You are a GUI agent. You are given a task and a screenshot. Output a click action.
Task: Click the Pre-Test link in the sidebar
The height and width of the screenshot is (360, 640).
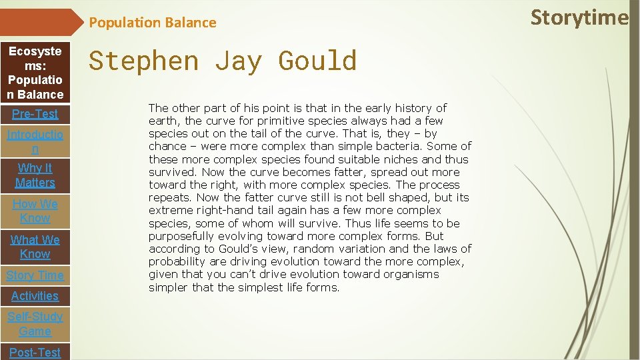coord(35,114)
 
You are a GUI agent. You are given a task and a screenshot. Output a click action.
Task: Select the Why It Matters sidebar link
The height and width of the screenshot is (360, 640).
coord(35,175)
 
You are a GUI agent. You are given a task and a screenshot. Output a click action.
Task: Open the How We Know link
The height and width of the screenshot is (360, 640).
coord(35,211)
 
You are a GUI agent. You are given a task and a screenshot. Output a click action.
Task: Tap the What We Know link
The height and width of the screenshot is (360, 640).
coord(35,247)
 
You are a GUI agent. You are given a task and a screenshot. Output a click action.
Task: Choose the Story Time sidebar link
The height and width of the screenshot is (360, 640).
coord(35,275)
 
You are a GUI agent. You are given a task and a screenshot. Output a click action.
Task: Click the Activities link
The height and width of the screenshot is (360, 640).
coord(35,296)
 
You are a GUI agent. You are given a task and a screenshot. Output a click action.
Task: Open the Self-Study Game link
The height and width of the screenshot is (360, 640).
coord(35,324)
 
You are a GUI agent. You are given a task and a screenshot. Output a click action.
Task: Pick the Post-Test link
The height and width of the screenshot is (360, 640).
coord(35,352)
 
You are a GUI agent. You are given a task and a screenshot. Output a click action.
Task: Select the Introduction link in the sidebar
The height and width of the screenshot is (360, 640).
coord(35,142)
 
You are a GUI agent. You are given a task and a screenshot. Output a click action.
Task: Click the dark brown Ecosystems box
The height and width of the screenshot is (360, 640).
coord(35,73)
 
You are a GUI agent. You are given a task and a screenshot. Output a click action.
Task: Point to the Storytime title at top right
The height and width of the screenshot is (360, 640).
coord(579,17)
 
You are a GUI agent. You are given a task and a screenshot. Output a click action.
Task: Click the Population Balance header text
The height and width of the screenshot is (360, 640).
coord(153,23)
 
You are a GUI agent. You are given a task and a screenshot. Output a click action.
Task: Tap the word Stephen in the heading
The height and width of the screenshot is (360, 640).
coord(144,61)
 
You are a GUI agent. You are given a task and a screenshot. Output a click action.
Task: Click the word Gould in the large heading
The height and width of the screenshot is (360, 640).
coord(317,61)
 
